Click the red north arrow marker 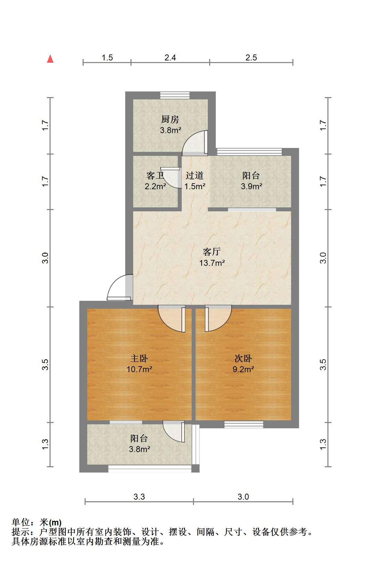pos(51,59)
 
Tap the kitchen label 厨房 pos(170,119)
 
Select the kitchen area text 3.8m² pos(170,130)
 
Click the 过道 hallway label pos(195,175)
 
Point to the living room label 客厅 pos(212,252)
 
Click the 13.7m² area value pos(212,263)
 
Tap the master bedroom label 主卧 pos(139,358)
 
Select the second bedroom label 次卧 pos(243,358)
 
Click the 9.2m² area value pos(243,370)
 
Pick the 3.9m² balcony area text pos(251,186)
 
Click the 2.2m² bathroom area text pos(155,186)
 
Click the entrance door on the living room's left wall pos(120,288)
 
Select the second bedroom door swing pos(218,319)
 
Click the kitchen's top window pos(175,95)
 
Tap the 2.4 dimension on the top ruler pos(170,58)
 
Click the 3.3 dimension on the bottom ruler pos(139,497)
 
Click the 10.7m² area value pos(139,370)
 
